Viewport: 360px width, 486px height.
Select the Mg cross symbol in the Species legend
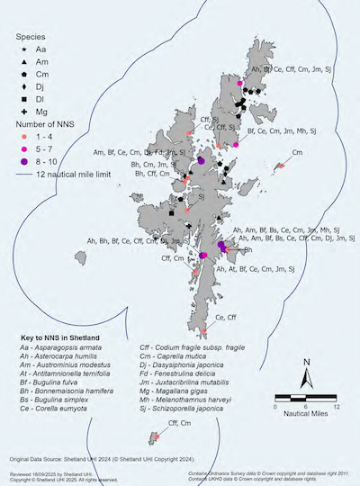[20, 109]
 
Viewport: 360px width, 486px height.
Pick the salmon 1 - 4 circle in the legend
[20, 136]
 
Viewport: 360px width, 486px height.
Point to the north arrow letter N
[307, 364]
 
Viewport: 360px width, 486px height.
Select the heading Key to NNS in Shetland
[62, 338]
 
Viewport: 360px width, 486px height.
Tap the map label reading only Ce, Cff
[227, 318]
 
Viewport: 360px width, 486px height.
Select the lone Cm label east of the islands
[298, 153]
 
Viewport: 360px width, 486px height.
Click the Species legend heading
[31, 38]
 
